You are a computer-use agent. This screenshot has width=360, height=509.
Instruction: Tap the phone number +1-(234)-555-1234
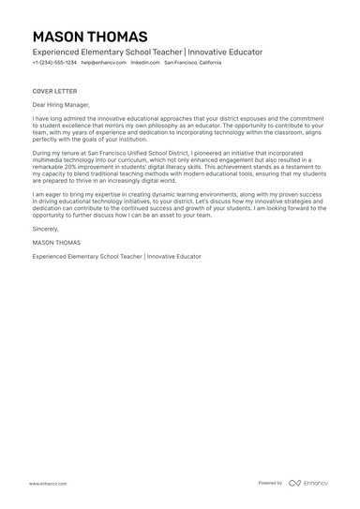[x=54, y=63]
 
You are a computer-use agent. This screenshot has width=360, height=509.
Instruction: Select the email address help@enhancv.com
[x=103, y=63]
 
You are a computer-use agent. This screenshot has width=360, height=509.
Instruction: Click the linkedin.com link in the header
[x=144, y=63]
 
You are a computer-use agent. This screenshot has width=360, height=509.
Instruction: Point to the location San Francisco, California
[x=193, y=63]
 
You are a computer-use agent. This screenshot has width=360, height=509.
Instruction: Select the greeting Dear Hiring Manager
[x=61, y=105]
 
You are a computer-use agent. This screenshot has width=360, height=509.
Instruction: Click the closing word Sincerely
[x=45, y=228]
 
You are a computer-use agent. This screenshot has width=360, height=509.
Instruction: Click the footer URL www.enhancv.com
[x=46, y=483]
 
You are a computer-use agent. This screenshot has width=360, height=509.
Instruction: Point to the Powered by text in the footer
[x=270, y=483]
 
